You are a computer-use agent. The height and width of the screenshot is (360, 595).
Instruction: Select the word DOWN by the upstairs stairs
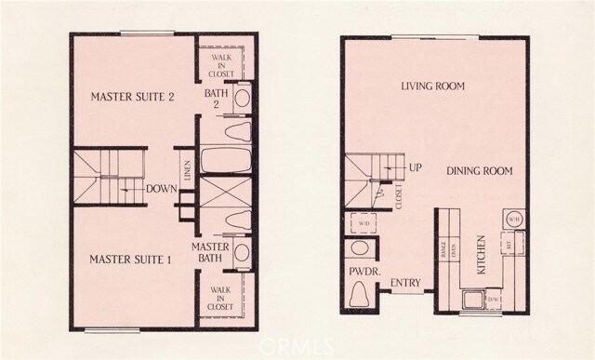click(162, 188)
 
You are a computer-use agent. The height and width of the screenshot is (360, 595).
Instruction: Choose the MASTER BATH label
click(210, 251)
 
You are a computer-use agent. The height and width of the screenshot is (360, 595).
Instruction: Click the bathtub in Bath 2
click(226, 163)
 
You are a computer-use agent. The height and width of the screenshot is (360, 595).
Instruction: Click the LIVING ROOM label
click(432, 87)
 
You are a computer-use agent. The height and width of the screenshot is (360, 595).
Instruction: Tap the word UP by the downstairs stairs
click(417, 168)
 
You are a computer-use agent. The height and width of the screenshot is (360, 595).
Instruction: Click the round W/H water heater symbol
click(513, 220)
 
